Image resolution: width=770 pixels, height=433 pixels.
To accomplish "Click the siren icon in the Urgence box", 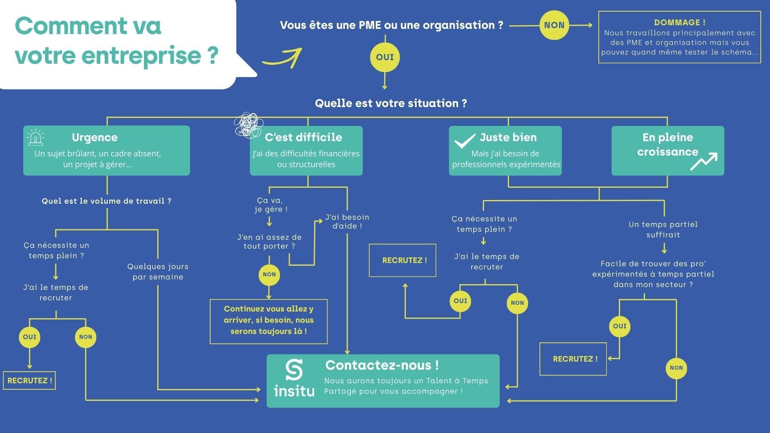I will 36,138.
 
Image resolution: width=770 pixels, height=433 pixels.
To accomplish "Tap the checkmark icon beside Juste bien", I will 465,141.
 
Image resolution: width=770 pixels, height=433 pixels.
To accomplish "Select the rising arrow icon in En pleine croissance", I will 704,161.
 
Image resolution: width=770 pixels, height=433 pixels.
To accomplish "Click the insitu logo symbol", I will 294,370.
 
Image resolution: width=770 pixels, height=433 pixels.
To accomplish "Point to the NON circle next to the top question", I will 554,25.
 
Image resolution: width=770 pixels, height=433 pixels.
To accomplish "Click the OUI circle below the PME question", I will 385,57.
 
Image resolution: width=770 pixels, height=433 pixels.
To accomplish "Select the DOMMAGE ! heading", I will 679,22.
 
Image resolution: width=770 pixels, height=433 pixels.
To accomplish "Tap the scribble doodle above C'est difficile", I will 248,125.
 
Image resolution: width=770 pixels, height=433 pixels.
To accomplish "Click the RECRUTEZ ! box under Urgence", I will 29,380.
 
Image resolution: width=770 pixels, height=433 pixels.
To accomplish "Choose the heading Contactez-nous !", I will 382,365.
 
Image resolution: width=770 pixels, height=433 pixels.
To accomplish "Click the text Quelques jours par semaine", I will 158,272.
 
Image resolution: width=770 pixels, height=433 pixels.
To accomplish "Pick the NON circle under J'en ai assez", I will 269,275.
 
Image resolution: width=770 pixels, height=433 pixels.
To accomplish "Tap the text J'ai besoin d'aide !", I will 347,222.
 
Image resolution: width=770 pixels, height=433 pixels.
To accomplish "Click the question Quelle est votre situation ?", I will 391,103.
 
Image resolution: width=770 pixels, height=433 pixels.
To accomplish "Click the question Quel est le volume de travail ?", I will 106,201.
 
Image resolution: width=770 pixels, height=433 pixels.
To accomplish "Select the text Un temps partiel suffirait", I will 663,230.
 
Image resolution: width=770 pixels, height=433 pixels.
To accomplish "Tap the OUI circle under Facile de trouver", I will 620,326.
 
